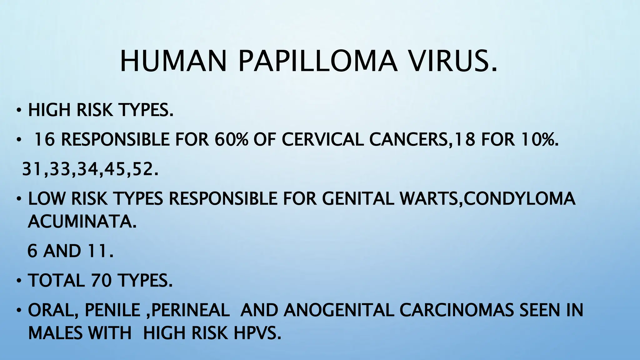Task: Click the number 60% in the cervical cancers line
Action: click(231, 139)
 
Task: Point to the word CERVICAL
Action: click(322, 139)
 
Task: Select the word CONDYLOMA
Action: click(519, 198)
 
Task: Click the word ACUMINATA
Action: click(82, 222)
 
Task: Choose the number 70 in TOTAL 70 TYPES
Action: click(101, 280)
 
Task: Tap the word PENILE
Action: click(112, 310)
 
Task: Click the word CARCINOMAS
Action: click(457, 310)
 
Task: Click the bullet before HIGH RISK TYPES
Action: click(19, 110)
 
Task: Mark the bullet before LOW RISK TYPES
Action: click(19, 199)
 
